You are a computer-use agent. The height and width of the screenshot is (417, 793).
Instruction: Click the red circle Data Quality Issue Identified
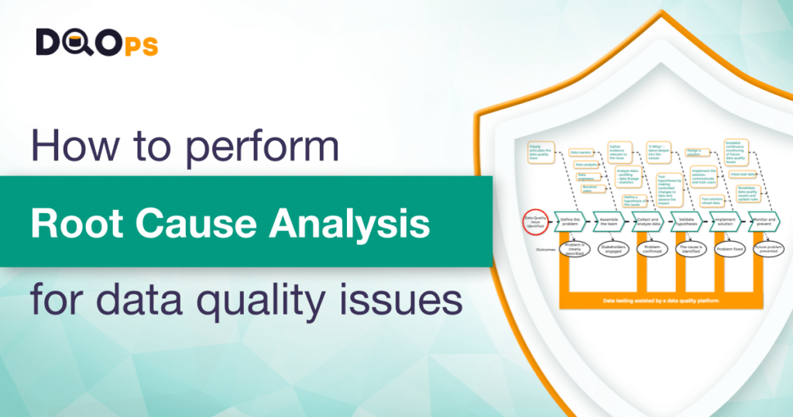coord(535,221)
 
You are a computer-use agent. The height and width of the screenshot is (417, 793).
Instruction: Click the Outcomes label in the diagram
coord(545,250)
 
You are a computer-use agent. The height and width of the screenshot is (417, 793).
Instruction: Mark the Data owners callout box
coord(581,153)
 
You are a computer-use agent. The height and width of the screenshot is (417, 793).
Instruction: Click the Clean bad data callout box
coord(743,174)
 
